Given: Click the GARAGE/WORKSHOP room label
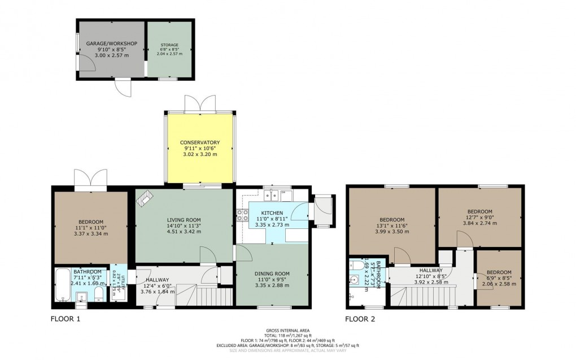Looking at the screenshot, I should [112, 44].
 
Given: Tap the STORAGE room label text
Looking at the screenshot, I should [169, 45].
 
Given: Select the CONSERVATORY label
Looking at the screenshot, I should [199, 142].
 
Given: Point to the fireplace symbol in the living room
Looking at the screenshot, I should [146, 197].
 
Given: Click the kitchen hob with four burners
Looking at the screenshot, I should [243, 215].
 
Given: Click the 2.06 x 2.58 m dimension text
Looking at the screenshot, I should [499, 284].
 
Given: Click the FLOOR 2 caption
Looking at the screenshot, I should [360, 319].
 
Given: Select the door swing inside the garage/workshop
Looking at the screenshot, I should [88, 66].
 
